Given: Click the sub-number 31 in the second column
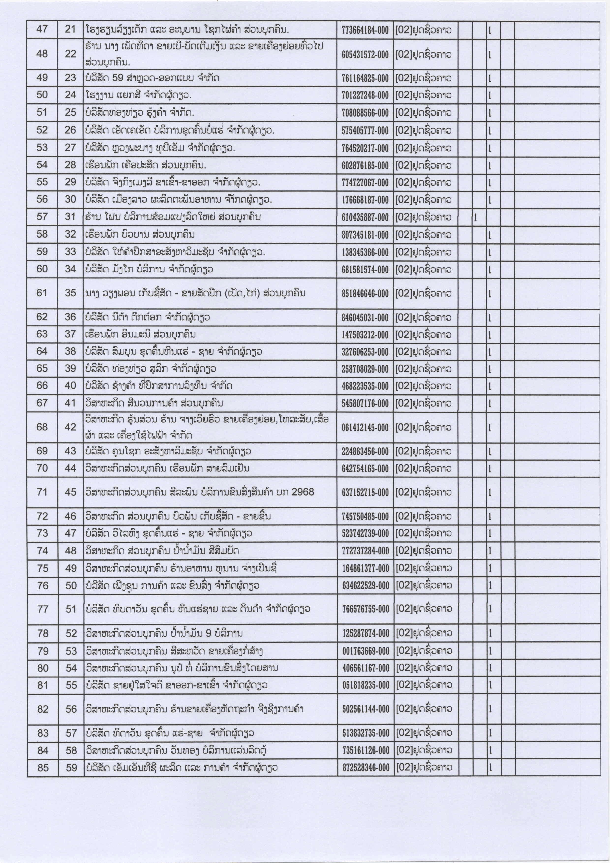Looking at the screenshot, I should (70, 217).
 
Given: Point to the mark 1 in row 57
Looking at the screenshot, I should (475, 218).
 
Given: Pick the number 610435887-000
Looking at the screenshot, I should (365, 218).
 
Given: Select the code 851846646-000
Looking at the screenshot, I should (365, 294).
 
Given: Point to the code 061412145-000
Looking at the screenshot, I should (365, 427).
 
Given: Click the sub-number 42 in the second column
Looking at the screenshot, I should (70, 427).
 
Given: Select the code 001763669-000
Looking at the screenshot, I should (366, 651).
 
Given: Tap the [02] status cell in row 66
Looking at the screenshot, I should (423, 386).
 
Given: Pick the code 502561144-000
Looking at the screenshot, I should (366, 709).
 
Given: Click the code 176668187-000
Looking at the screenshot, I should (365, 200).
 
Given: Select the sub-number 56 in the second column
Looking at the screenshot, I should (71, 709).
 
